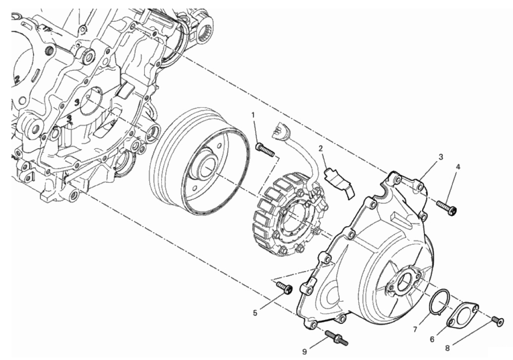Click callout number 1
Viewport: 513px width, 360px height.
(x=253, y=115)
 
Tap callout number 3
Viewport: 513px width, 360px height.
(x=440, y=157)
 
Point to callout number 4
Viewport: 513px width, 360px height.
(x=458, y=167)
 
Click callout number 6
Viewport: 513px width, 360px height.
(x=432, y=339)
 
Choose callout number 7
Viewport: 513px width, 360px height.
(x=415, y=329)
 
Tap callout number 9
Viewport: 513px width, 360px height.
(x=305, y=352)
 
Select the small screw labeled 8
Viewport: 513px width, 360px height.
(x=497, y=320)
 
